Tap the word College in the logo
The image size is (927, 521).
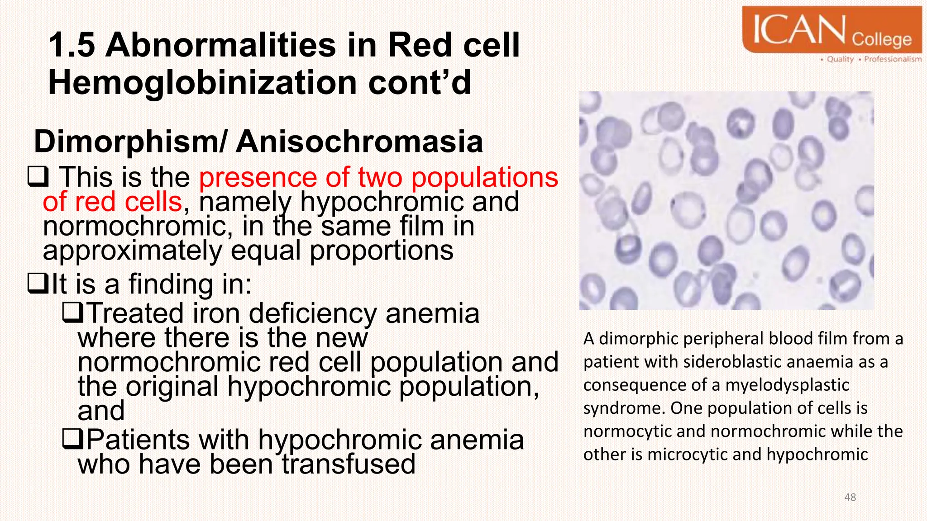point(881,39)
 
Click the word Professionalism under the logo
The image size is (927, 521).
point(893,59)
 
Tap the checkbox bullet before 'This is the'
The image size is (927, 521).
point(38,177)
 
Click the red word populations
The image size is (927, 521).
point(484,177)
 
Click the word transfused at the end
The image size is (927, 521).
point(349,464)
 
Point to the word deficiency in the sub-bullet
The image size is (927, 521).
point(312,313)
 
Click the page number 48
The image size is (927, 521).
point(850,497)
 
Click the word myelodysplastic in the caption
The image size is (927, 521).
point(787,385)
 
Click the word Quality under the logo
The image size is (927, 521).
point(840,59)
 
